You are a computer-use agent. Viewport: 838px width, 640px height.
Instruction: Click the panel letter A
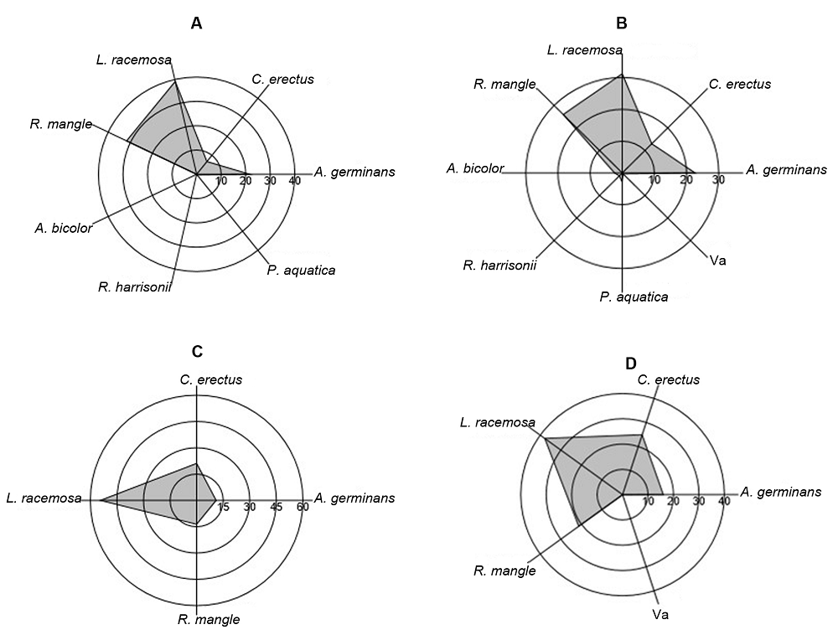coord(196,23)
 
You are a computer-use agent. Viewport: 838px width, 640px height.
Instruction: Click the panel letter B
coord(621,22)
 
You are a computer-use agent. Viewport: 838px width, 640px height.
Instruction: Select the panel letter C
coord(197,351)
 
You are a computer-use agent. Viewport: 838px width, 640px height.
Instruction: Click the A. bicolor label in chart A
coord(64,227)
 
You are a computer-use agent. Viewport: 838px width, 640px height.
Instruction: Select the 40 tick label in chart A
coord(294,182)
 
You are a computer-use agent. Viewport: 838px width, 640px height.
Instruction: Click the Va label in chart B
coord(716,261)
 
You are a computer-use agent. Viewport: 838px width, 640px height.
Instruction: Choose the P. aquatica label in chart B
coord(634,297)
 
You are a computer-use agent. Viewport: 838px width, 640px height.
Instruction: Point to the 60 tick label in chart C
coord(303,507)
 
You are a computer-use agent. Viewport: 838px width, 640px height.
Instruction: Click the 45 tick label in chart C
coord(277,507)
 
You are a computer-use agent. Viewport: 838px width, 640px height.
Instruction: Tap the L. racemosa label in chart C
coord(44,499)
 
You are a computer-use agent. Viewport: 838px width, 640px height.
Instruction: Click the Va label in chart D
coord(660,615)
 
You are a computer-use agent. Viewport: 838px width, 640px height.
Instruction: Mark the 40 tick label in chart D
coord(725,501)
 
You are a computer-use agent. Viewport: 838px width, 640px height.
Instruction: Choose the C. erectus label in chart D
coord(668,379)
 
